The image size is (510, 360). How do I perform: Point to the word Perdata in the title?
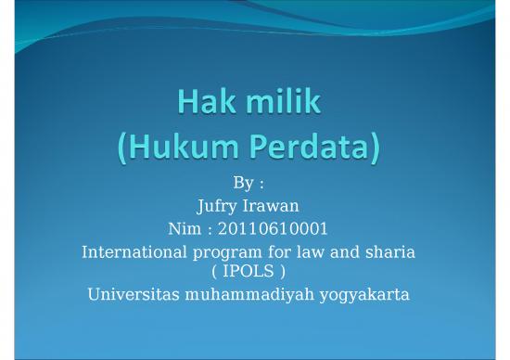click(x=318, y=147)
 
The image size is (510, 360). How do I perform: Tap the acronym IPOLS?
click(x=255, y=271)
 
